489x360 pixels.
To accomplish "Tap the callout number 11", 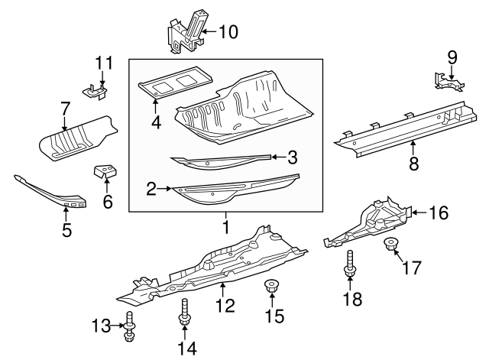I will click(x=103, y=62).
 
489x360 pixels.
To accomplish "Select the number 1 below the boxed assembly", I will click(x=225, y=228).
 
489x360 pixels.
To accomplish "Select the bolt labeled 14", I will click(x=185, y=313).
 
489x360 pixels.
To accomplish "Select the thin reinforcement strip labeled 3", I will click(x=222, y=161).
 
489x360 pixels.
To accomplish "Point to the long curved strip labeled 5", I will click(x=53, y=193).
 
